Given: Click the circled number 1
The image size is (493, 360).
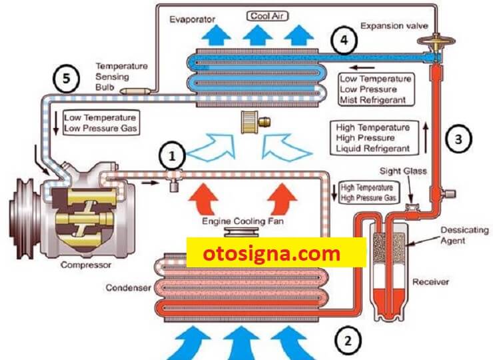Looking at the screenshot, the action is pos(172,155).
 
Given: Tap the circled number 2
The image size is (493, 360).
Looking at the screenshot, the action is pos(348,341).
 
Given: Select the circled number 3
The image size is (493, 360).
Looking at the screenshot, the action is pos(459,139).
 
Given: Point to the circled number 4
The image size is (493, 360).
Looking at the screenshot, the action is pos(344,40).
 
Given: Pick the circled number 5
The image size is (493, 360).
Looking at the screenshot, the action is pos(66,79).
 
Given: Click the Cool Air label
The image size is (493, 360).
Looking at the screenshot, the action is pos(267,16).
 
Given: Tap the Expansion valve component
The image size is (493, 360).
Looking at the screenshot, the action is pos(436,47).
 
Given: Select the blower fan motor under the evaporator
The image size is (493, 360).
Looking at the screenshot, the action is pos(255,122).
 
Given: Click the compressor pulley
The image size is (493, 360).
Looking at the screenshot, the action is pos(23,218).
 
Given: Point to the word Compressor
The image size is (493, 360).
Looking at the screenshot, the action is pos(86,265).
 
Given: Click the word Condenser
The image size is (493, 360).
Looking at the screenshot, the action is pos(129,287).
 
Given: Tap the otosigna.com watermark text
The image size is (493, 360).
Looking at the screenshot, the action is pos(272,253).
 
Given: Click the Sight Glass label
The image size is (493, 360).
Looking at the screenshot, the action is pos(403,171).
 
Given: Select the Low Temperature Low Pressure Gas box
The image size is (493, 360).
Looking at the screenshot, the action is pos(101,123).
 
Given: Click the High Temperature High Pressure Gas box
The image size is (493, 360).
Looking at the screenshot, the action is pos(369,193).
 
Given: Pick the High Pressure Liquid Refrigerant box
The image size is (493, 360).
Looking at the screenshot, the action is pos(374,138).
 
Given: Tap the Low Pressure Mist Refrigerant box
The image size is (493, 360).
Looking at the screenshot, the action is pos(376,89).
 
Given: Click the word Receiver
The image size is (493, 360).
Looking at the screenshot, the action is pos(430,281).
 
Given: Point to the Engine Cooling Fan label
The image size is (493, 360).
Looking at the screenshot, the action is pos(243,221).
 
